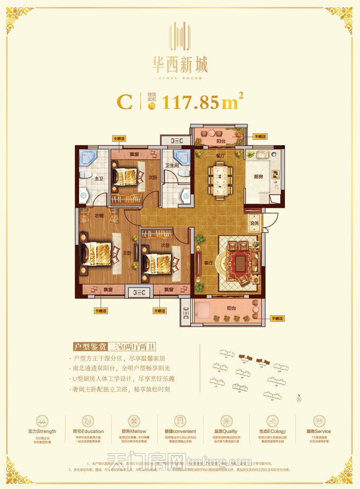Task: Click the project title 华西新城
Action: (180, 65)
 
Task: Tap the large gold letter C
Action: (124, 101)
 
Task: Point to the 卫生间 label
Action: (171, 165)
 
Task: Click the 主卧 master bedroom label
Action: (127, 253)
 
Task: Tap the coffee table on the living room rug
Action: (240, 263)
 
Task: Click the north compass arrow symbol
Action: (298, 397)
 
